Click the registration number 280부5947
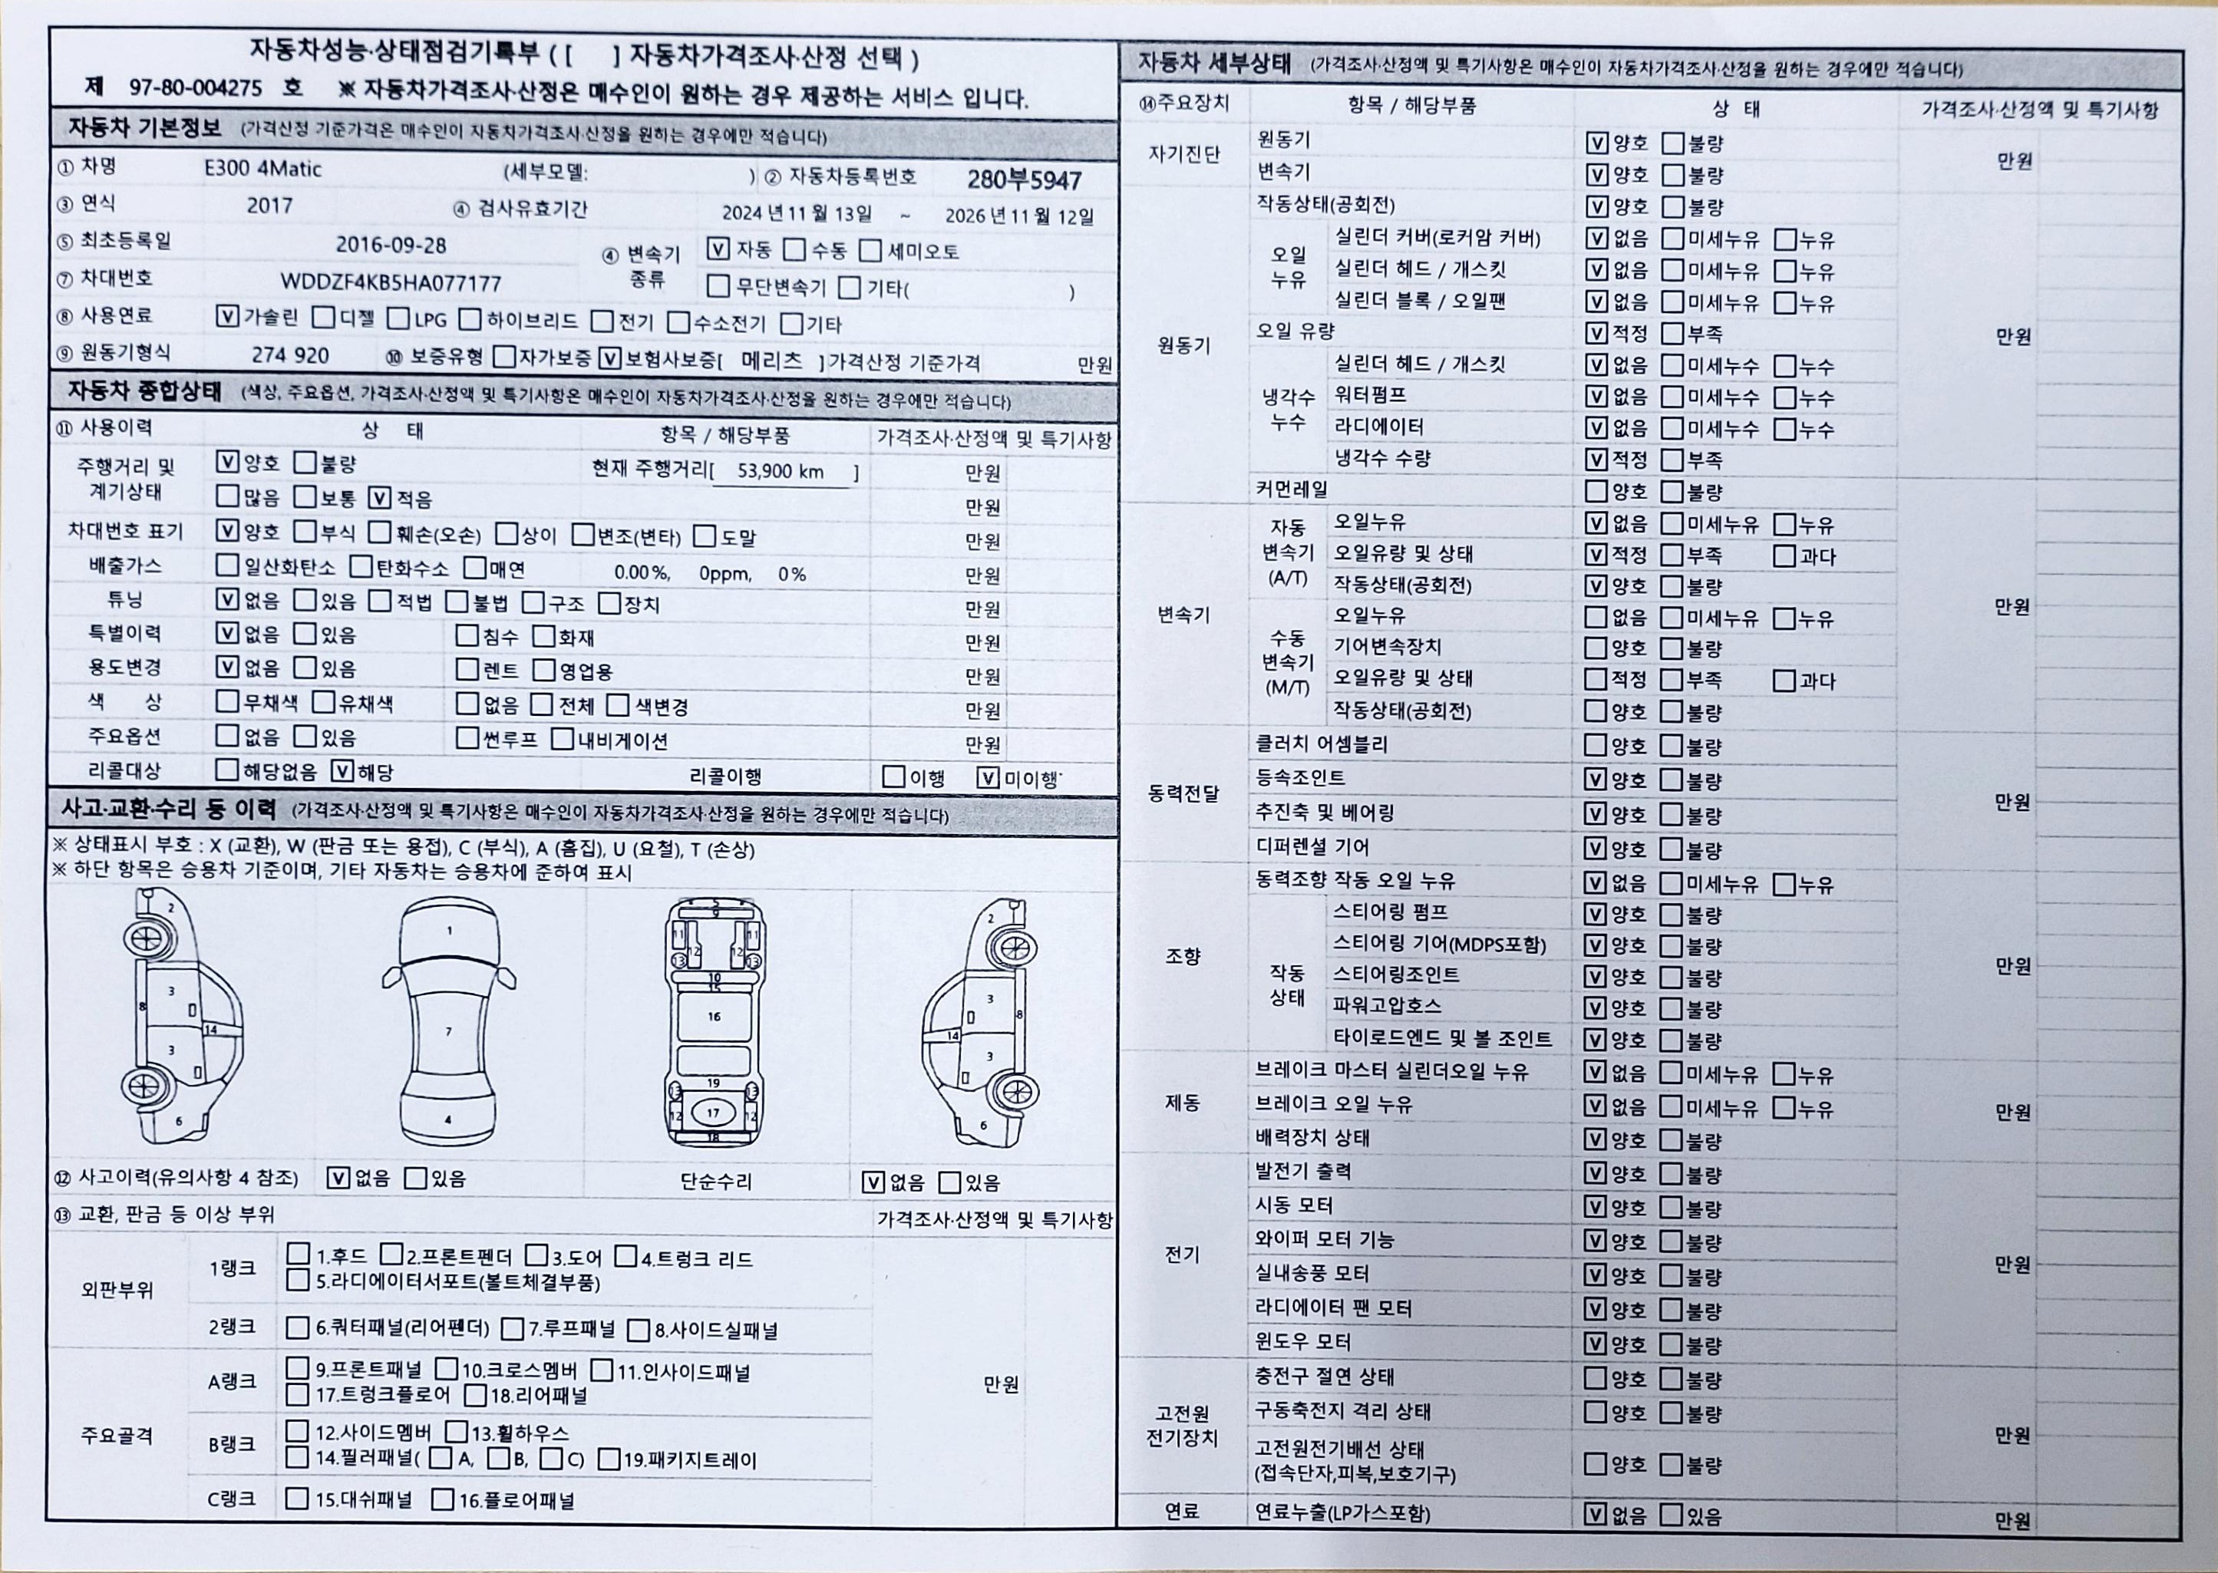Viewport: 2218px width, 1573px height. coord(1024,180)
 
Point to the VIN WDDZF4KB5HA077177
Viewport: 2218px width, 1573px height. coord(391,283)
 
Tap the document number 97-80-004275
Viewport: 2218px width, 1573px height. coord(196,87)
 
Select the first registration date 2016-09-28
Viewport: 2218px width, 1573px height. coord(391,244)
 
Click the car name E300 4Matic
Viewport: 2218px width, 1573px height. coord(262,169)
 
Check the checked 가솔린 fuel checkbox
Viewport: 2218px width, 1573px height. coord(226,317)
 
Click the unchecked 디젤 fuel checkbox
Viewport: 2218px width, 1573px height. coord(324,318)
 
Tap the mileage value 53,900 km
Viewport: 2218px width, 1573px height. coord(780,472)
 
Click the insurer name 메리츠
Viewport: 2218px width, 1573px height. coord(771,361)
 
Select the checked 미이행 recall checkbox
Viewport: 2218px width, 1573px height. coord(988,778)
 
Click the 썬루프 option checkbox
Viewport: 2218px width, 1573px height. coord(467,739)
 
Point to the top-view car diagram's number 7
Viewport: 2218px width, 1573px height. coord(448,1031)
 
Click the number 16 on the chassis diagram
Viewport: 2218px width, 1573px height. coord(714,1016)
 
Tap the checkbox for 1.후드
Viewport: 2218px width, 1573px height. coord(299,1255)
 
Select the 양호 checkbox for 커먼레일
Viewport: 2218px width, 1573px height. coord(1596,491)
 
